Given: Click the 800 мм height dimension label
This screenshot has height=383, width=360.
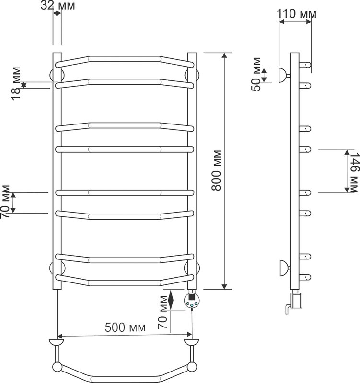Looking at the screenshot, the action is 217,170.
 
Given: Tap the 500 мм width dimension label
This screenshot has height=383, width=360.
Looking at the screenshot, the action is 125,327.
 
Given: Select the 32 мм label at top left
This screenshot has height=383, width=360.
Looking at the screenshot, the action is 58,6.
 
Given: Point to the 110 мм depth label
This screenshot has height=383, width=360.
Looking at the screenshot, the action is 296,14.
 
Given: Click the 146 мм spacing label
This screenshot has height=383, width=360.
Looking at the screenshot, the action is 354,173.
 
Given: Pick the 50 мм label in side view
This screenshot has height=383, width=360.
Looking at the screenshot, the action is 256,74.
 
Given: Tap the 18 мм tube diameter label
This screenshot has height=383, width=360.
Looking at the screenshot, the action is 16,83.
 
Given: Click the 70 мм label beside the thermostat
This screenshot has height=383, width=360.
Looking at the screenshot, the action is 163,312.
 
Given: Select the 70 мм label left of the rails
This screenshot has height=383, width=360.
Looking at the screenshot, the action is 5,202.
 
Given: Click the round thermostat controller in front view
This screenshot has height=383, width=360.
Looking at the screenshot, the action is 192,301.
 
